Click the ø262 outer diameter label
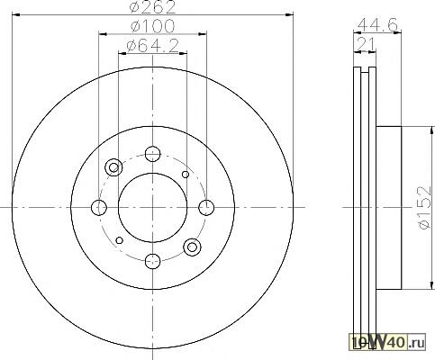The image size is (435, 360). [x=152, y=7]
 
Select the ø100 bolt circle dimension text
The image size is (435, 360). [x=152, y=26]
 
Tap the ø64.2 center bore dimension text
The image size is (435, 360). [x=153, y=46]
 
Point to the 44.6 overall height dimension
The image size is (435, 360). [x=378, y=24]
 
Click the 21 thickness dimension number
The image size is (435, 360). [x=366, y=45]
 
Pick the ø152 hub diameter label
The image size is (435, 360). [x=425, y=207]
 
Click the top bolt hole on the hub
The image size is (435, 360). [x=152, y=154]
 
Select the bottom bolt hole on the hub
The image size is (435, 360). [x=152, y=261]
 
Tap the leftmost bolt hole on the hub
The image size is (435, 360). [x=99, y=208]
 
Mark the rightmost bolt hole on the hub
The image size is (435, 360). [x=206, y=208]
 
